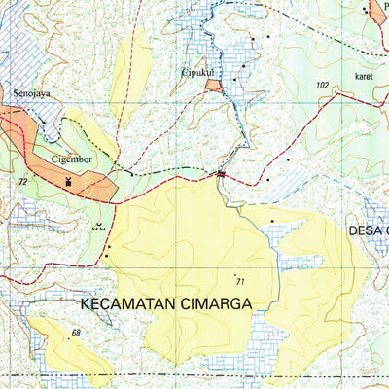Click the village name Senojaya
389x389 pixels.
pyautogui.click(x=32, y=95)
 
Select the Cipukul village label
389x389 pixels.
pyautogui.click(x=197, y=72)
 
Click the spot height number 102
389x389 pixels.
pyautogui.click(x=323, y=87)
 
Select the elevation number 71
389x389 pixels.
pyautogui.click(x=240, y=282)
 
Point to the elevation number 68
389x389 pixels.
pyautogui.click(x=75, y=334)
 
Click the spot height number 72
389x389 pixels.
pyautogui.click(x=21, y=182)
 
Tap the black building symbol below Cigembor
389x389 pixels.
pyautogui.click(x=68, y=181)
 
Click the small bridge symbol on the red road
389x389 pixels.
pyautogui.click(x=222, y=174)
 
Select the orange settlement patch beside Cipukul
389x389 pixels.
pyautogui.click(x=213, y=86)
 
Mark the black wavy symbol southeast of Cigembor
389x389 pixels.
pyautogui.click(x=95, y=226)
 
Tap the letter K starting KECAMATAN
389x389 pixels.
pyautogui.click(x=86, y=303)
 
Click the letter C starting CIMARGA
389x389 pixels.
pyautogui.click(x=183, y=303)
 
